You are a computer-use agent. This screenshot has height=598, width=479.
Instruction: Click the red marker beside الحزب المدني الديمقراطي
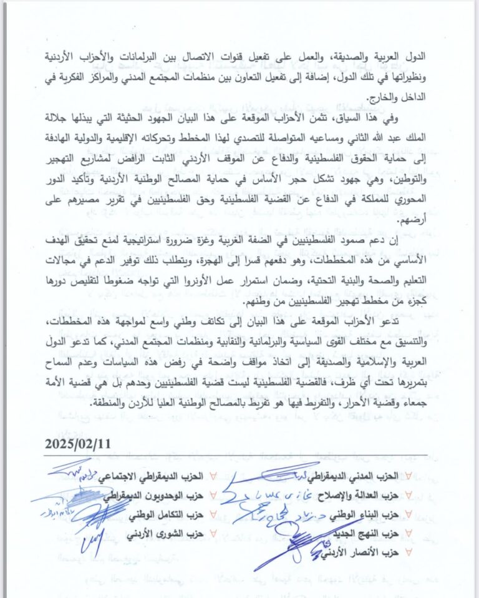click(x=408, y=476)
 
